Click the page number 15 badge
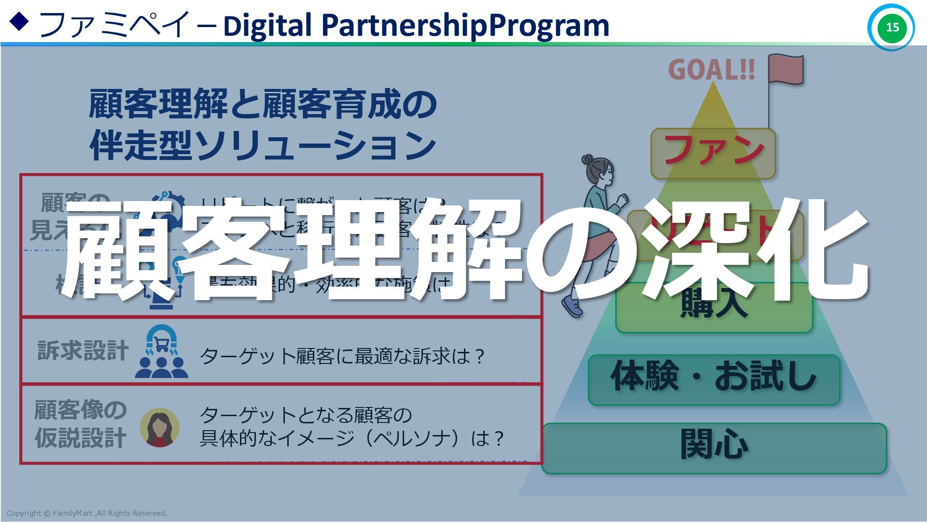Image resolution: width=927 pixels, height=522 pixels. [x=891, y=27]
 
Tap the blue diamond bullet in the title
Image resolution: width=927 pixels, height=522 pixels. [x=19, y=22]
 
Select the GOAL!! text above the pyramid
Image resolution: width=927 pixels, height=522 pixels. [x=711, y=70]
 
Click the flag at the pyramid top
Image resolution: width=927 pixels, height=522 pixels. [x=786, y=69]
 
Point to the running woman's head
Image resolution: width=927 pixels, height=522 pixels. [x=600, y=171]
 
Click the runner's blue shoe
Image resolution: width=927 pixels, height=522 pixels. [x=573, y=306]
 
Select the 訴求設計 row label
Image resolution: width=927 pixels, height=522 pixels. [x=83, y=350]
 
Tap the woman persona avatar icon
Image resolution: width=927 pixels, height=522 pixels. [x=159, y=427]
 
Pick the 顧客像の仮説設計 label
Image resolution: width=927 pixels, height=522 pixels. [x=81, y=424]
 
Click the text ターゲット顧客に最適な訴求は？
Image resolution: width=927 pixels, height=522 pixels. [x=342, y=357]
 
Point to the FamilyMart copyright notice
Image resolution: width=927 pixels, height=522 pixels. [x=87, y=513]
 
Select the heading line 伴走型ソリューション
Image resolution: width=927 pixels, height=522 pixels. [x=263, y=145]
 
